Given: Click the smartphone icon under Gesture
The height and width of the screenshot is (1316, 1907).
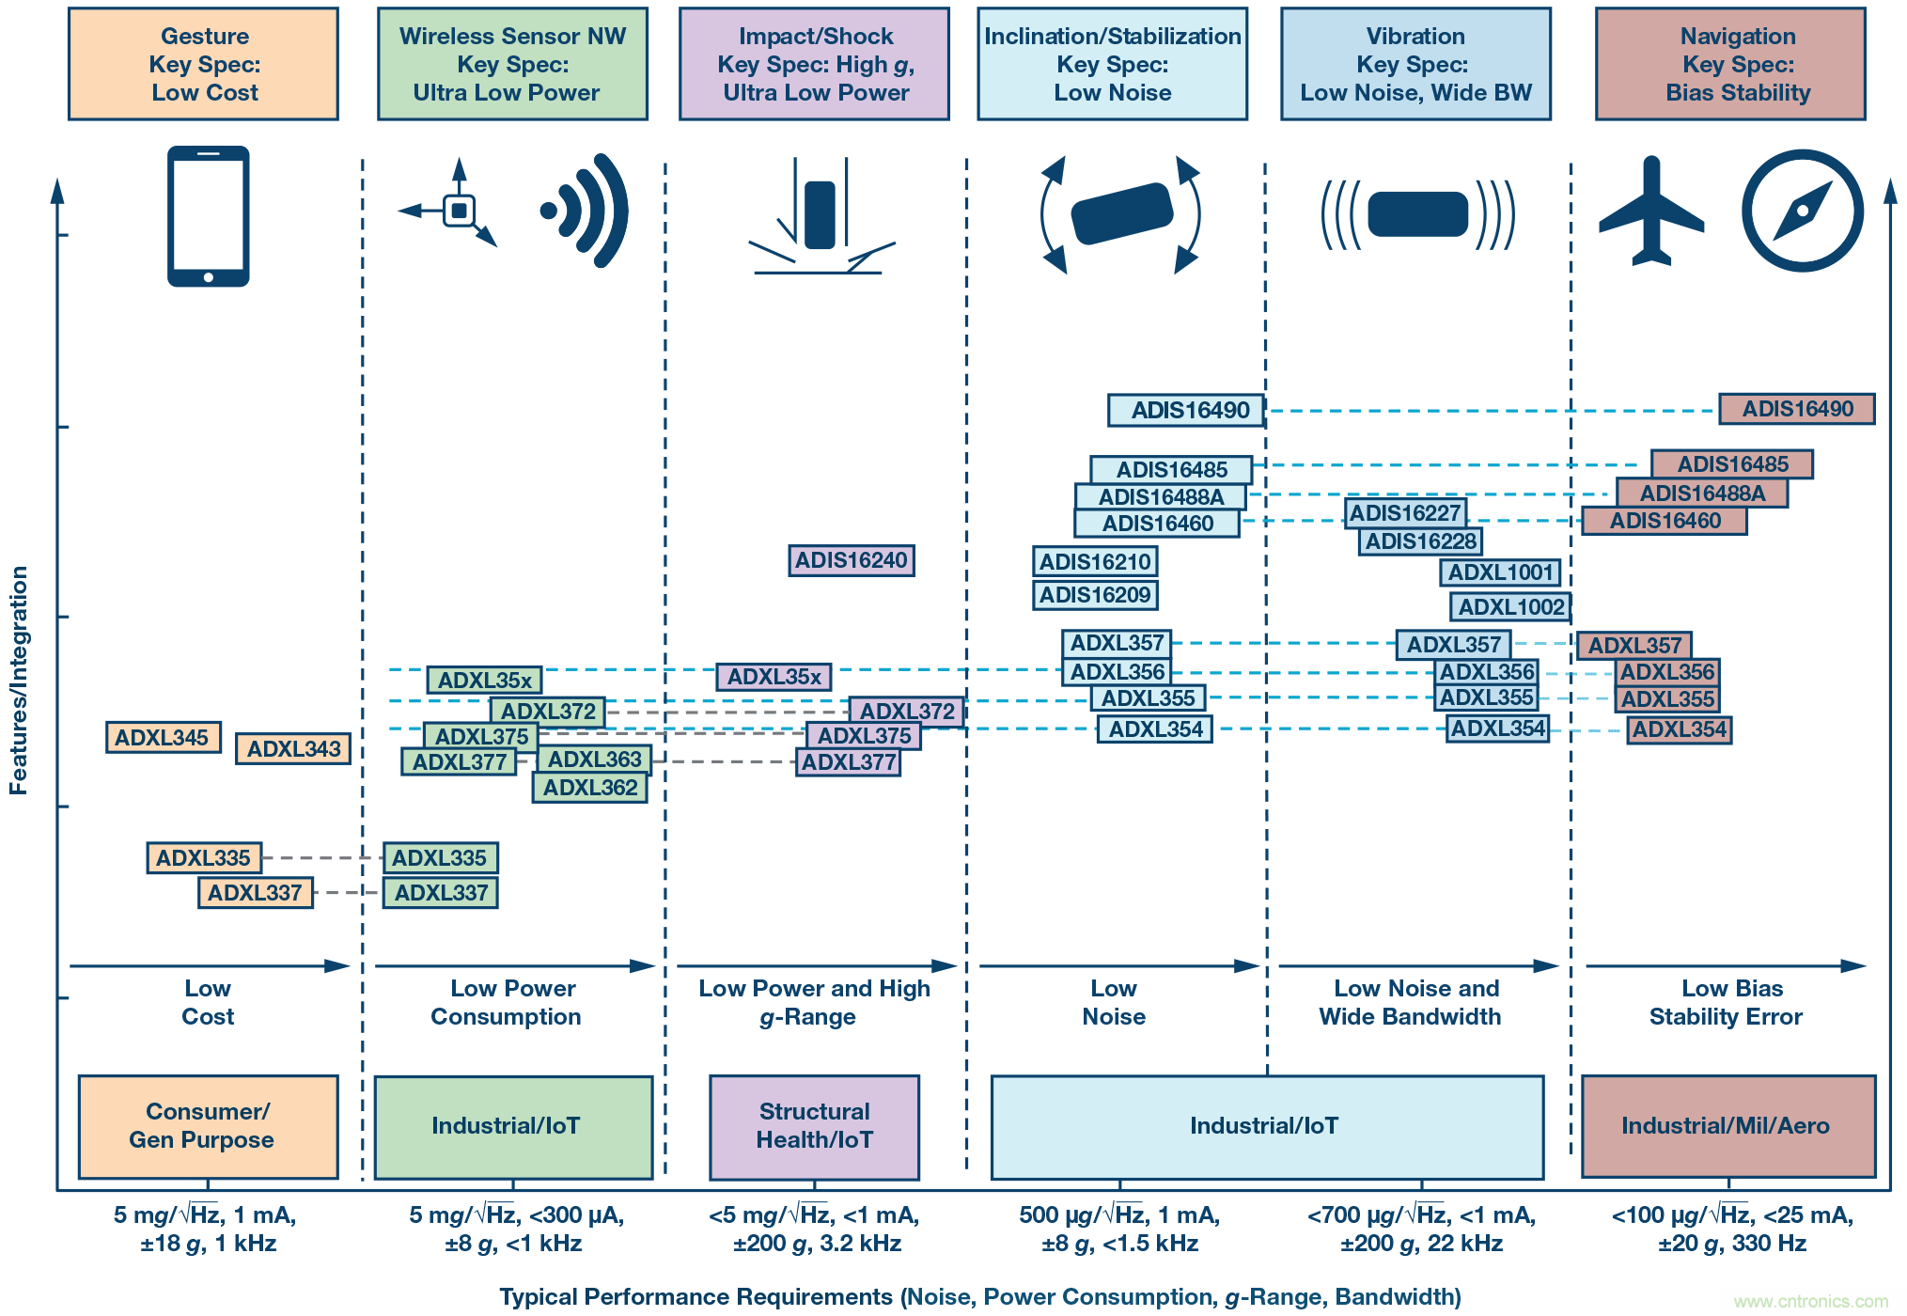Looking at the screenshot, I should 208,215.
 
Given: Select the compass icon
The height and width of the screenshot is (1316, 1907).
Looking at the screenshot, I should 1802,211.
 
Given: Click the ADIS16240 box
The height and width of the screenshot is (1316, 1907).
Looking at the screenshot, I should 851,560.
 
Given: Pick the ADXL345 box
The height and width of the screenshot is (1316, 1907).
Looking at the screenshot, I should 163,738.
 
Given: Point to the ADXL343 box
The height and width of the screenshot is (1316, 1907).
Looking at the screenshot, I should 293,749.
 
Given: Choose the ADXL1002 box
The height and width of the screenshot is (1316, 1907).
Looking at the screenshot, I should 1510,607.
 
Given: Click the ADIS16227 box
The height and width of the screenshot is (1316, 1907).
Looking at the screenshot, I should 1405,513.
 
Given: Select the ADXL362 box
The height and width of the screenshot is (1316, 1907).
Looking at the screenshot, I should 590,788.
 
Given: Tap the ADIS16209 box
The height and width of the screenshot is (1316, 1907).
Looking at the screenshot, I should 1095,595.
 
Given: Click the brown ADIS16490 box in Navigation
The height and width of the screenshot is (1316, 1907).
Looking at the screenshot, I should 1796,409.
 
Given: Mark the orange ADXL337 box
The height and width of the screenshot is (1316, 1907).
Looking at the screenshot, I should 255,893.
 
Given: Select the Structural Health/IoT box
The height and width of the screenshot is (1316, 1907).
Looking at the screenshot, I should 814,1126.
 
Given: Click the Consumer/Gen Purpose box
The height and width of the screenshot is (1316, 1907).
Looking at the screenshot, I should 208,1126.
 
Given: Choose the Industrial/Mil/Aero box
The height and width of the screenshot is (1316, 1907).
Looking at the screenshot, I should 1727,1126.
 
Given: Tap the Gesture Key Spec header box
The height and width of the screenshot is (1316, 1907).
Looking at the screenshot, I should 204,64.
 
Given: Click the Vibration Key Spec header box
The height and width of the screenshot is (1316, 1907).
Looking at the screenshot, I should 1415,64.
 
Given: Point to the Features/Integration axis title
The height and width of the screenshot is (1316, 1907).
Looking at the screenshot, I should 19,680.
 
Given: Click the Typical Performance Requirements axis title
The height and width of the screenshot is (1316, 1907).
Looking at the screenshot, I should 979,1297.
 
